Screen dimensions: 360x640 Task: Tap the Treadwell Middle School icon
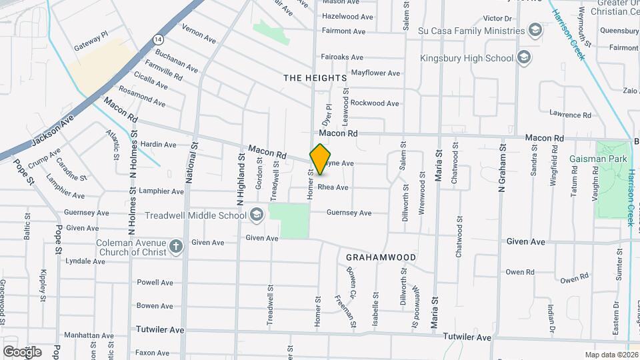click(257, 215)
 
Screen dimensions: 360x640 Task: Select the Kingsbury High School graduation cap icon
click(524, 58)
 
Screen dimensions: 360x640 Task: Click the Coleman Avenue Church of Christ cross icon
click(176, 247)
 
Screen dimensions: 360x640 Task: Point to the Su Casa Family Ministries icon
click(535, 30)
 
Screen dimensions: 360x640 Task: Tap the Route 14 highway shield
click(157, 39)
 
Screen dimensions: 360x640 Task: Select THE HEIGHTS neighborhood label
click(315, 78)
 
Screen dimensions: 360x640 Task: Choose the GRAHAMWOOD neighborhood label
click(381, 257)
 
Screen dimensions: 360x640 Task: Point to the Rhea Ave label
click(333, 187)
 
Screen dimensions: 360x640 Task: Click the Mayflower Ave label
click(375, 73)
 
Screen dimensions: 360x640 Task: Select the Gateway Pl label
click(91, 43)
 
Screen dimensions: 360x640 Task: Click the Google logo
click(21, 351)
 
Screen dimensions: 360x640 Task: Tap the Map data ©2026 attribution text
click(610, 354)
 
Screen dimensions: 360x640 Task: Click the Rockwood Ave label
click(375, 103)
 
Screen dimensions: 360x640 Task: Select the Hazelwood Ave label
click(347, 17)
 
